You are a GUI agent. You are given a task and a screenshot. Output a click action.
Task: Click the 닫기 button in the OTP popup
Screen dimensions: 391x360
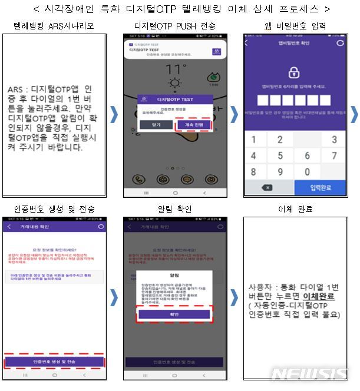156,125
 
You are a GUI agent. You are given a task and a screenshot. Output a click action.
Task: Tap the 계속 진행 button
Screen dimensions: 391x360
193,125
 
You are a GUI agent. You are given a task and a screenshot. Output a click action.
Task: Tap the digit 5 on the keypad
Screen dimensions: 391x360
281,155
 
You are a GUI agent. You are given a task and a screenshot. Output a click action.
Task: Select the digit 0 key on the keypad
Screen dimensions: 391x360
307,172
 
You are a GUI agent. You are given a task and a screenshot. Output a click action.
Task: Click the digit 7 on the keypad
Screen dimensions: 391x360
334,155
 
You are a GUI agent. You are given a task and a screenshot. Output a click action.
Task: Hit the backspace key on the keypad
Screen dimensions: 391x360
266,187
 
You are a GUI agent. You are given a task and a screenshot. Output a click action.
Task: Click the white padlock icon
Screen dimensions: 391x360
294,72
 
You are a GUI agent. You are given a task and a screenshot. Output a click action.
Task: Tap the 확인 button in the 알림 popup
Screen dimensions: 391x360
176,314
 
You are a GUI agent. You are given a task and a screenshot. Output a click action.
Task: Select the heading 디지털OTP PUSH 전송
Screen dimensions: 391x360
175,26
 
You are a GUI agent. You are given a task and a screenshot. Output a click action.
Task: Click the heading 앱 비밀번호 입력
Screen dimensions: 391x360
295,26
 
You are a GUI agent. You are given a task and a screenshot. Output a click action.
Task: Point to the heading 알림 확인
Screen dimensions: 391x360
175,209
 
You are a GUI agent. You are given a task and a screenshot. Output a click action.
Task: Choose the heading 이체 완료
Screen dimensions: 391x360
295,209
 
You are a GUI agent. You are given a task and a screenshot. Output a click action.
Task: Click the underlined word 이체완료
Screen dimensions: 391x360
318,296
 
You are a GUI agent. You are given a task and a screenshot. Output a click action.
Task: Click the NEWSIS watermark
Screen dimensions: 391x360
310,374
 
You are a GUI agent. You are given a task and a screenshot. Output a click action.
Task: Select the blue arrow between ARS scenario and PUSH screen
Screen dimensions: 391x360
114,115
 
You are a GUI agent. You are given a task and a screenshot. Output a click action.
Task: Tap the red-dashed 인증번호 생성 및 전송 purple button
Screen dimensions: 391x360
55,360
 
